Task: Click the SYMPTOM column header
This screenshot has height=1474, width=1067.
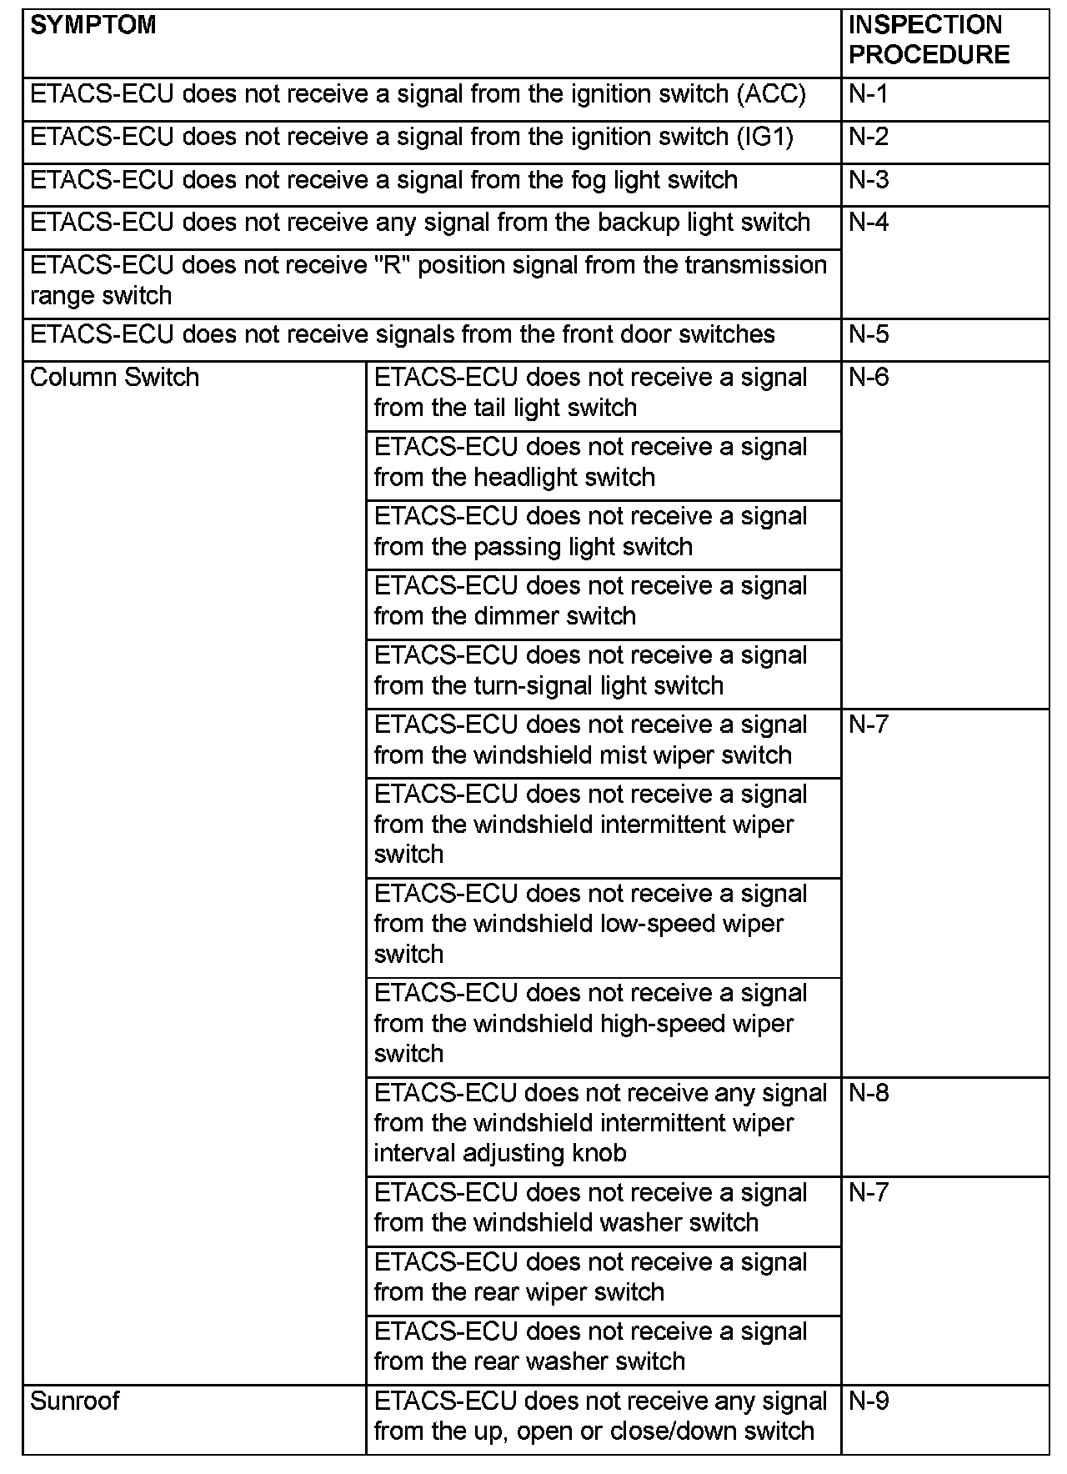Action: pos(93,25)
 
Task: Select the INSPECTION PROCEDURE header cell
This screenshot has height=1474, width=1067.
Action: pos(929,40)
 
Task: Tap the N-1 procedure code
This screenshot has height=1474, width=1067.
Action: pos(869,94)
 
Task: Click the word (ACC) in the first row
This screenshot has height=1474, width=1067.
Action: pos(771,94)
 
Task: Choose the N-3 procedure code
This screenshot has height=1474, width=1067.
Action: pos(869,180)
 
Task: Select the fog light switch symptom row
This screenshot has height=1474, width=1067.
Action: pos(383,180)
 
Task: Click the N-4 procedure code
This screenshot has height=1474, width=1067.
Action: pos(869,223)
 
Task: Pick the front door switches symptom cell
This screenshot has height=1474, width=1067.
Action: pos(403,335)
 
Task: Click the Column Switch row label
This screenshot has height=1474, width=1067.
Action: pos(115,378)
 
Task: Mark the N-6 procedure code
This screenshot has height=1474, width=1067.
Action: pos(869,378)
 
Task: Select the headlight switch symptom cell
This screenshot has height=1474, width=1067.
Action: pos(590,462)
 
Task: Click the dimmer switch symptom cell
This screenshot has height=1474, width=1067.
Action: pos(590,601)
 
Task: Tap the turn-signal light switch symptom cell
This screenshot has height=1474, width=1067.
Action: pos(590,670)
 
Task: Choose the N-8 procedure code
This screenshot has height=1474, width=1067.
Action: pos(869,1093)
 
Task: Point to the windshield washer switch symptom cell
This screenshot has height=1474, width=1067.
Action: pos(590,1208)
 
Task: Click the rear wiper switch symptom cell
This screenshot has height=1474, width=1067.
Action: pos(590,1277)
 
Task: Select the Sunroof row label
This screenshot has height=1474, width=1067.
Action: pos(75,1401)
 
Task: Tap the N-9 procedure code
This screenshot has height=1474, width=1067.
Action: pos(869,1401)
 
